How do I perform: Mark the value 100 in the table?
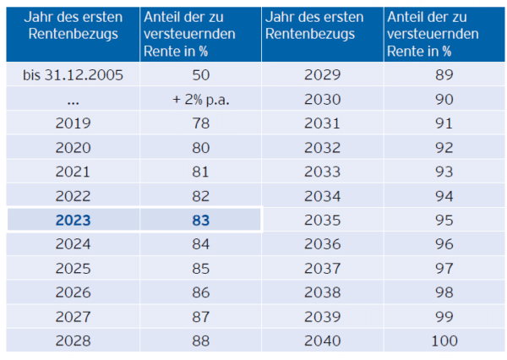(444, 341)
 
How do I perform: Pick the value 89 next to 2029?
(444, 74)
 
